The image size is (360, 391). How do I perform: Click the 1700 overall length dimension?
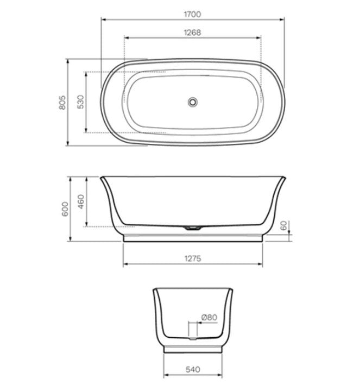pyautogui.click(x=193, y=11)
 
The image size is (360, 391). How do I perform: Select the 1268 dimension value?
pyautogui.click(x=193, y=32)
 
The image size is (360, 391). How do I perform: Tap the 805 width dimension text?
pyautogui.click(x=62, y=103)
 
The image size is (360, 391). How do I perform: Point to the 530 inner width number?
pyautogui.click(x=80, y=103)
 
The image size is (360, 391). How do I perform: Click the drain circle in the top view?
pyautogui.click(x=192, y=102)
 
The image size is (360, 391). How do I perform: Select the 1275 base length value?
pyautogui.click(x=193, y=258)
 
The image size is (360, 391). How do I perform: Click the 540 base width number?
pyautogui.click(x=193, y=369)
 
